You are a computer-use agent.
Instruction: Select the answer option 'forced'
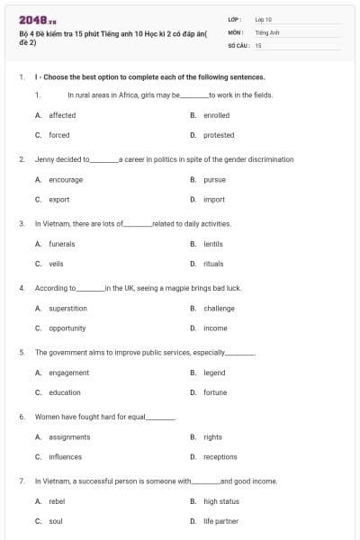point(58,135)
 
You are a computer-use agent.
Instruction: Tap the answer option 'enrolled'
point(216,115)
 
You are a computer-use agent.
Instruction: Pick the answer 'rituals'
point(213,264)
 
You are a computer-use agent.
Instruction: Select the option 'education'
point(64,392)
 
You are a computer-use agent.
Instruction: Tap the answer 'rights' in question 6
point(212,436)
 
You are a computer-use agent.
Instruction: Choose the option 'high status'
point(221,501)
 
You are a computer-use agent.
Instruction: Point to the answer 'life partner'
point(220,521)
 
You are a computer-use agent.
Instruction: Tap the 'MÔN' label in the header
point(235,31)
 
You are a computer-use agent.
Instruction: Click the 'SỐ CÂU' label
point(237,44)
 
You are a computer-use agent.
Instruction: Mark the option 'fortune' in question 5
point(215,392)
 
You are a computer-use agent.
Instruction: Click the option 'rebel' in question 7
point(57,501)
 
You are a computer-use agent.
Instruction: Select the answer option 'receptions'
point(220,456)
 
